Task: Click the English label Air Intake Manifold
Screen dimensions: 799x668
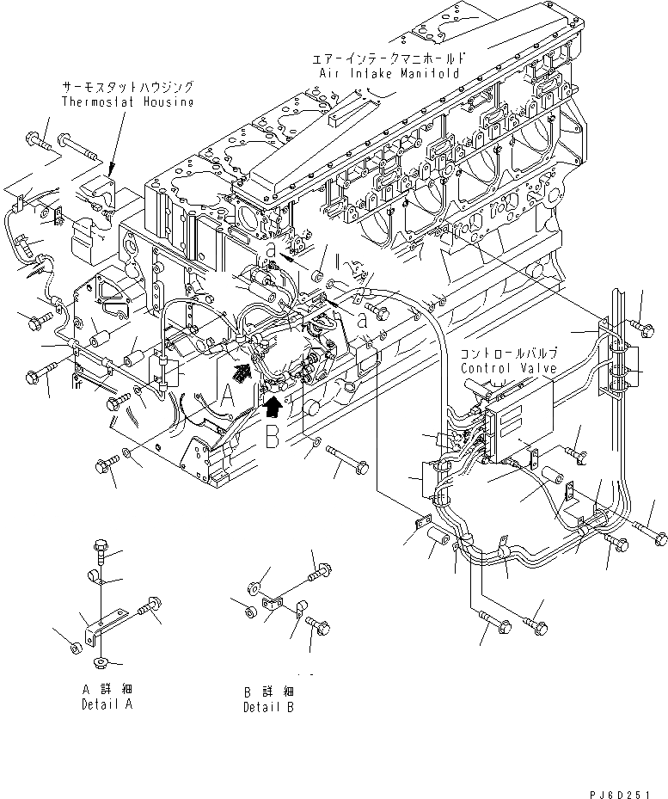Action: [x=390, y=74]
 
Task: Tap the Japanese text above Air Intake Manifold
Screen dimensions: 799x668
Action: [x=390, y=59]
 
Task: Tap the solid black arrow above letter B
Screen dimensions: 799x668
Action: [x=273, y=404]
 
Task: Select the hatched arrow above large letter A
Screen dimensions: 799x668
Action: [x=244, y=371]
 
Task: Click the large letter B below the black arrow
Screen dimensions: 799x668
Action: [x=273, y=437]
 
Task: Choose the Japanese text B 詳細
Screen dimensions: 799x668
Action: [x=267, y=691]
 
